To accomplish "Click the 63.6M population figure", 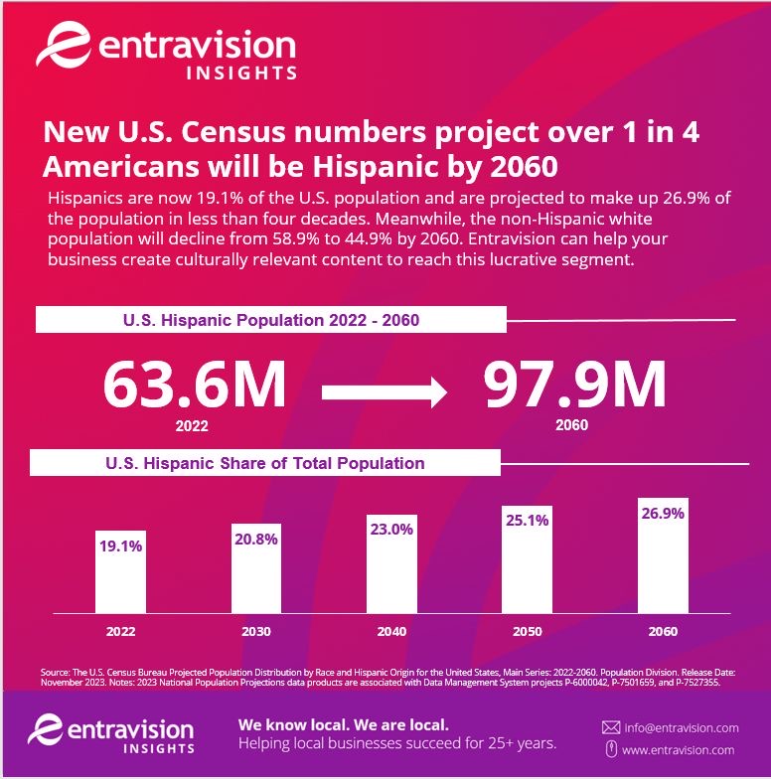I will coord(195,385).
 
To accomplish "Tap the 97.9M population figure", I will coord(574,385).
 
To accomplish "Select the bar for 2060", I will coord(663,555).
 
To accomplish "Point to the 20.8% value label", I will coord(256,539).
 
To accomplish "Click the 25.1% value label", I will coord(528,521).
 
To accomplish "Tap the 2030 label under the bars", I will coord(256,631).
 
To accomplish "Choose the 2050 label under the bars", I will coord(528,631).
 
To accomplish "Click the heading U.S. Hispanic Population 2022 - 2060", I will coord(270,320).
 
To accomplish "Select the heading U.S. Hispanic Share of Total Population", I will coord(265,463).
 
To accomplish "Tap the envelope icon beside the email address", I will coord(611,728).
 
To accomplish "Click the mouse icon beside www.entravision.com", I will coord(611,749).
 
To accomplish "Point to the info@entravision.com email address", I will coord(681,728).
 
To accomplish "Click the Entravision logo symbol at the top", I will coord(59,48).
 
